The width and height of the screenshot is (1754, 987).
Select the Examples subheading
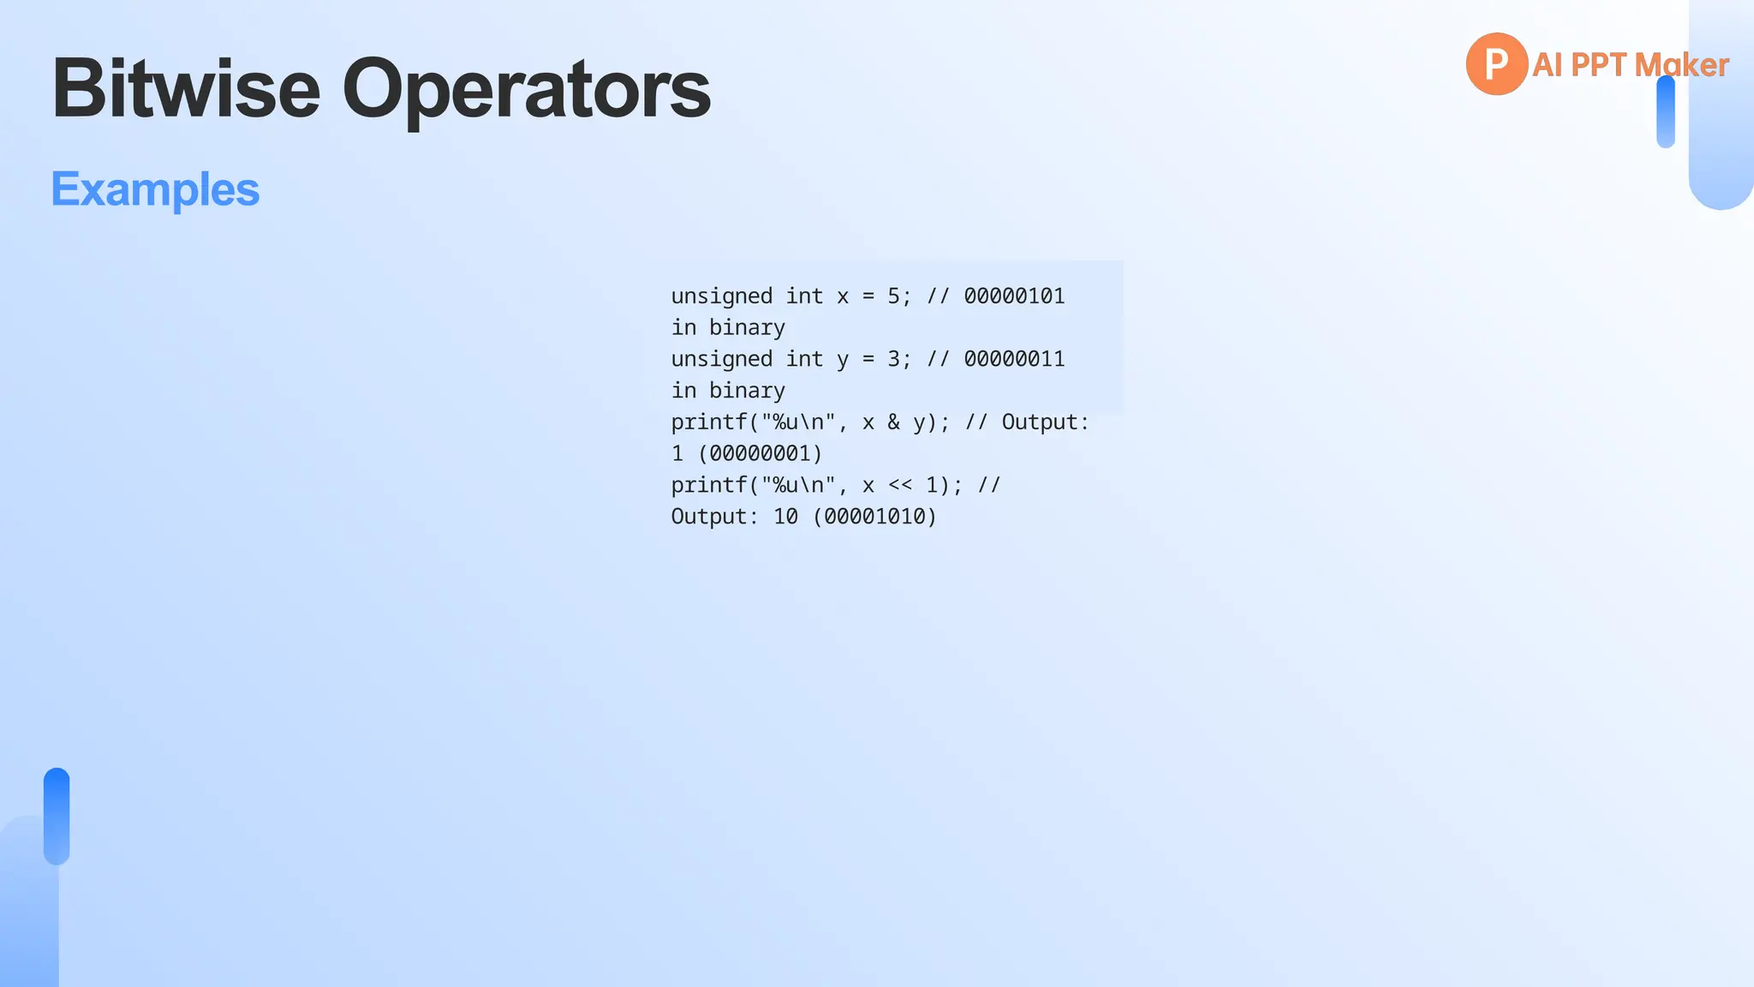pyautogui.click(x=155, y=189)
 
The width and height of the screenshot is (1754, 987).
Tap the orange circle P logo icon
pyautogui.click(x=1496, y=63)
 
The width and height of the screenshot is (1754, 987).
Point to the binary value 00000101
pyautogui.click(x=1014, y=296)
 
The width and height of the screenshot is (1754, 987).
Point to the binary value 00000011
pyautogui.click(x=1014, y=359)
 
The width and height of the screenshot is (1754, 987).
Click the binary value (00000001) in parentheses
pyautogui.click(x=760, y=453)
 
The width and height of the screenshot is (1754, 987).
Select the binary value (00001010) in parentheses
pyautogui.click(x=874, y=517)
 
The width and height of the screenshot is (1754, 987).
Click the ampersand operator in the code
pyautogui.click(x=893, y=422)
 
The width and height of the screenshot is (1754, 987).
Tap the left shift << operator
pyautogui.click(x=899, y=486)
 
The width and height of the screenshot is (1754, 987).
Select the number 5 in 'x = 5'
pyautogui.click(x=893, y=296)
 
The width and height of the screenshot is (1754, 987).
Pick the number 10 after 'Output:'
pyautogui.click(x=785, y=517)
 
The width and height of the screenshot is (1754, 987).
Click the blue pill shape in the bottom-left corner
pyautogui.click(x=57, y=816)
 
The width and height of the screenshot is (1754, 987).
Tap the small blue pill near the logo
pyautogui.click(x=1665, y=112)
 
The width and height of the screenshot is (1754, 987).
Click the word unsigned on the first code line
pyautogui.click(x=721, y=296)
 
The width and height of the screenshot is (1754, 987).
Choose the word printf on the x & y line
pyautogui.click(x=708, y=422)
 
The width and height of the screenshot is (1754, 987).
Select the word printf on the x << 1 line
pyautogui.click(x=708, y=486)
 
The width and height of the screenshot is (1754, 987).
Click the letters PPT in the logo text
pyautogui.click(x=1598, y=65)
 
